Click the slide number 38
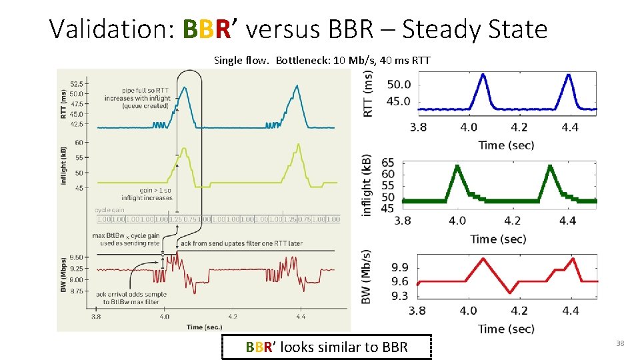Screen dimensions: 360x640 [x=619, y=343]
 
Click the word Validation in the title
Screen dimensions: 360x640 [x=111, y=29]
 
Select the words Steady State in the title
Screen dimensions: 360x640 [x=475, y=29]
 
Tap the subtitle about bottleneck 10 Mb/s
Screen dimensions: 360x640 [x=322, y=61]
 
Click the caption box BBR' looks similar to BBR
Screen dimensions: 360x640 [x=327, y=347]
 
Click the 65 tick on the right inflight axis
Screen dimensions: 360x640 [x=387, y=163]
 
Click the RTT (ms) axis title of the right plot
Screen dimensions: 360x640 [x=368, y=93]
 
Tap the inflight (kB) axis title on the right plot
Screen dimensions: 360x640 [x=367, y=185]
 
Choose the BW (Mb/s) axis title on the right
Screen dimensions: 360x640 [x=367, y=277]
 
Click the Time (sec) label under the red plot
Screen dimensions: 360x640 [x=505, y=329]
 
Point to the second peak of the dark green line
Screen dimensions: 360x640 [x=549, y=166]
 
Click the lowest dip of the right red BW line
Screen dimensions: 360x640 [x=509, y=292]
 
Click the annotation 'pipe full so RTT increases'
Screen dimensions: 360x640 [x=137, y=98]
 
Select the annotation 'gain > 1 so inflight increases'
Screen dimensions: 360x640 [x=147, y=193]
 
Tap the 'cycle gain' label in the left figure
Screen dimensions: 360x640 [x=109, y=209]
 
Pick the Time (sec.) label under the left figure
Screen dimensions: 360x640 [x=204, y=327]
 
